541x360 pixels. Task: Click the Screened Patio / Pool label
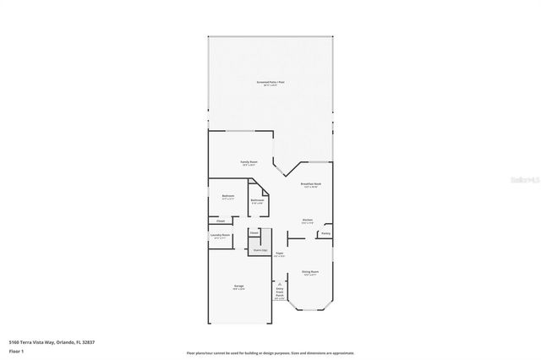270,82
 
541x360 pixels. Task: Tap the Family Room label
249,161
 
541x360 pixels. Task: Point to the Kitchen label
308,221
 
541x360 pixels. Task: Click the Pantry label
325,233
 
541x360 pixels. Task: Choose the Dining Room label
310,271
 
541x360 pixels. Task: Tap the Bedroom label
228,196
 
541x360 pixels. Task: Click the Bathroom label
257,200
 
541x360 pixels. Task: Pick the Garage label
239,286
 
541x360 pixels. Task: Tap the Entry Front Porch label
280,292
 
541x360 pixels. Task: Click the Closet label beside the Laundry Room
220,221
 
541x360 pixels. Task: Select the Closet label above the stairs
254,232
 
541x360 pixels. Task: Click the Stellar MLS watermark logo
516,179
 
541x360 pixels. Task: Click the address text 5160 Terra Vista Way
40,341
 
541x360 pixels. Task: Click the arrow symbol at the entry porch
280,284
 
